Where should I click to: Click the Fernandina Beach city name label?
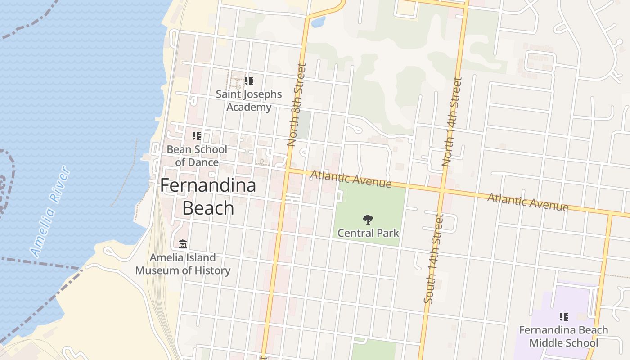pos(208,197)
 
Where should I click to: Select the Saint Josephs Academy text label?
pos(249,101)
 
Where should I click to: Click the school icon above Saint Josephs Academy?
pos(248,81)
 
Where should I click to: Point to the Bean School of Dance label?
pos(197,156)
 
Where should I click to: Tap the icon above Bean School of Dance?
pos(197,135)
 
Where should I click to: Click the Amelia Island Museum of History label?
pos(183,264)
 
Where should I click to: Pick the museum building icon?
pos(183,244)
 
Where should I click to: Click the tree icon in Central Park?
pos(368,220)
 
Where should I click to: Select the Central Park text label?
pos(368,233)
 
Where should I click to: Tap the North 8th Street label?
pos(297,104)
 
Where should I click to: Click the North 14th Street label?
pos(452,122)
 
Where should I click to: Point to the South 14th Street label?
pos(433,259)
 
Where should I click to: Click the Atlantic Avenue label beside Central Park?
pos(351,179)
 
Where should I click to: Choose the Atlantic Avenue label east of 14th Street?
pos(527,202)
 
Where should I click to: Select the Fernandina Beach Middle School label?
pos(563,336)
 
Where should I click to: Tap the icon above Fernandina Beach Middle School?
pos(563,317)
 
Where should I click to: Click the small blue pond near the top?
pos(318,22)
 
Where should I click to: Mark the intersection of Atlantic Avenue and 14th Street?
pos(441,191)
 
